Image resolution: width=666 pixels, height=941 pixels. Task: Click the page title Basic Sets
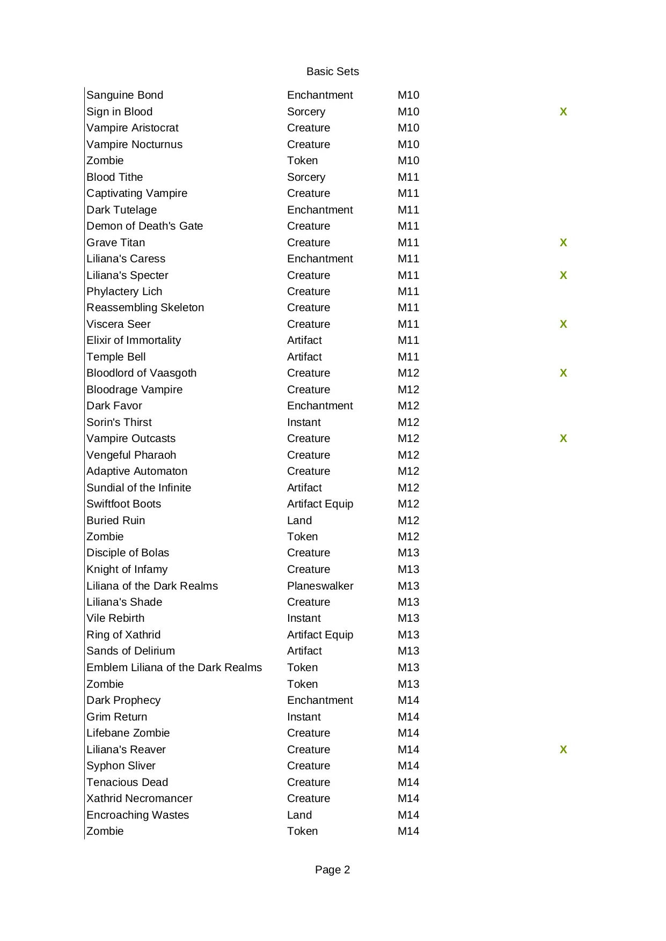point(332,71)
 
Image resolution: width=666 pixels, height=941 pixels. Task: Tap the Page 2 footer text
point(332,870)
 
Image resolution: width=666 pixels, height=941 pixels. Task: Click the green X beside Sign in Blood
point(563,112)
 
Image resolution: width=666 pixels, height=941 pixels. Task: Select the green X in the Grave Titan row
point(563,242)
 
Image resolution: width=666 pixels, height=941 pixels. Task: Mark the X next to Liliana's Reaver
point(563,749)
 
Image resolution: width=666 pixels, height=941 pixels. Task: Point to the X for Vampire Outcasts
point(563,438)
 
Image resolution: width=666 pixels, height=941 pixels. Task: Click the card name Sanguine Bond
point(125,95)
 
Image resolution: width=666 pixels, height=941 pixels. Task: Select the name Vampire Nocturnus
point(134,144)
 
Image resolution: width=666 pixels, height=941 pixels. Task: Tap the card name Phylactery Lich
point(124,291)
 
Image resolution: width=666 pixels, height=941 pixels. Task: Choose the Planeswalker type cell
point(320,586)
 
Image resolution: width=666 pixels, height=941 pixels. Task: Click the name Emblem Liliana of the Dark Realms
point(174,667)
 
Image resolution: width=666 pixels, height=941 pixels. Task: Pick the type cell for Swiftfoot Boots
point(320,504)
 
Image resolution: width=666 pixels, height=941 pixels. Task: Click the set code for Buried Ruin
point(408,520)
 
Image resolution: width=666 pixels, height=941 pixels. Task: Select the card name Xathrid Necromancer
point(139,798)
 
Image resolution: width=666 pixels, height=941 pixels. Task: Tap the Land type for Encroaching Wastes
point(299,815)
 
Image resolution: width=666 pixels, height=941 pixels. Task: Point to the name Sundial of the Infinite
point(138,488)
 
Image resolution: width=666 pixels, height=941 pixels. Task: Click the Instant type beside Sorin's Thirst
point(304,422)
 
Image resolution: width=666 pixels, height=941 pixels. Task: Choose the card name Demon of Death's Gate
point(144,226)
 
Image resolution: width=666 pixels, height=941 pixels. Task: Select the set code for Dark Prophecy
point(408,700)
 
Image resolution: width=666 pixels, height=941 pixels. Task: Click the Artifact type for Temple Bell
point(304,357)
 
